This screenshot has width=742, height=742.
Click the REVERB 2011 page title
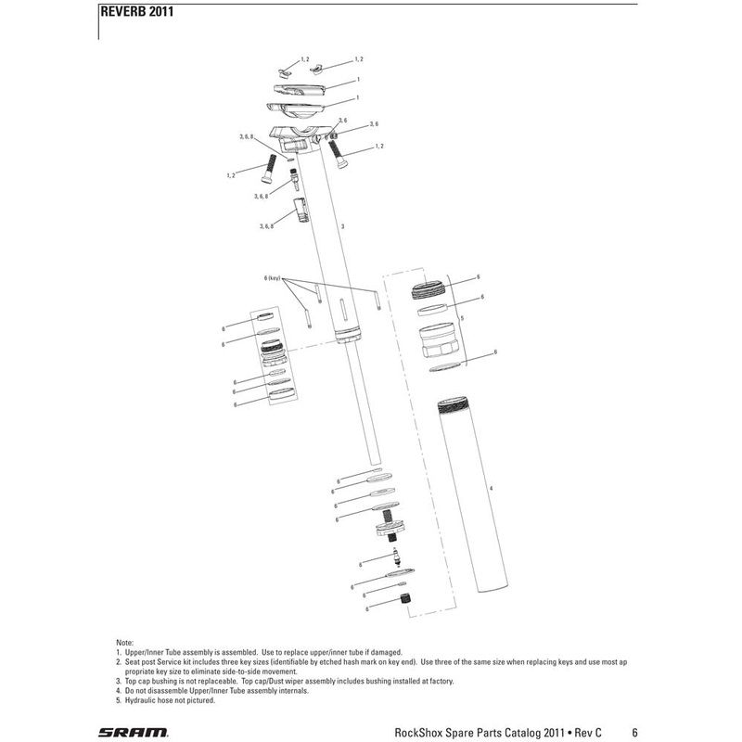point(134,12)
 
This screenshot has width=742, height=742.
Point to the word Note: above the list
point(124,642)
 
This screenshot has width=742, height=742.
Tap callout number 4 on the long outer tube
point(491,488)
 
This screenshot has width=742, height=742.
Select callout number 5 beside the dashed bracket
point(461,317)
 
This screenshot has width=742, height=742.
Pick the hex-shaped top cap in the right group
point(434,344)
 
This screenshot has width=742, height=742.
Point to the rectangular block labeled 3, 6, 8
point(300,211)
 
